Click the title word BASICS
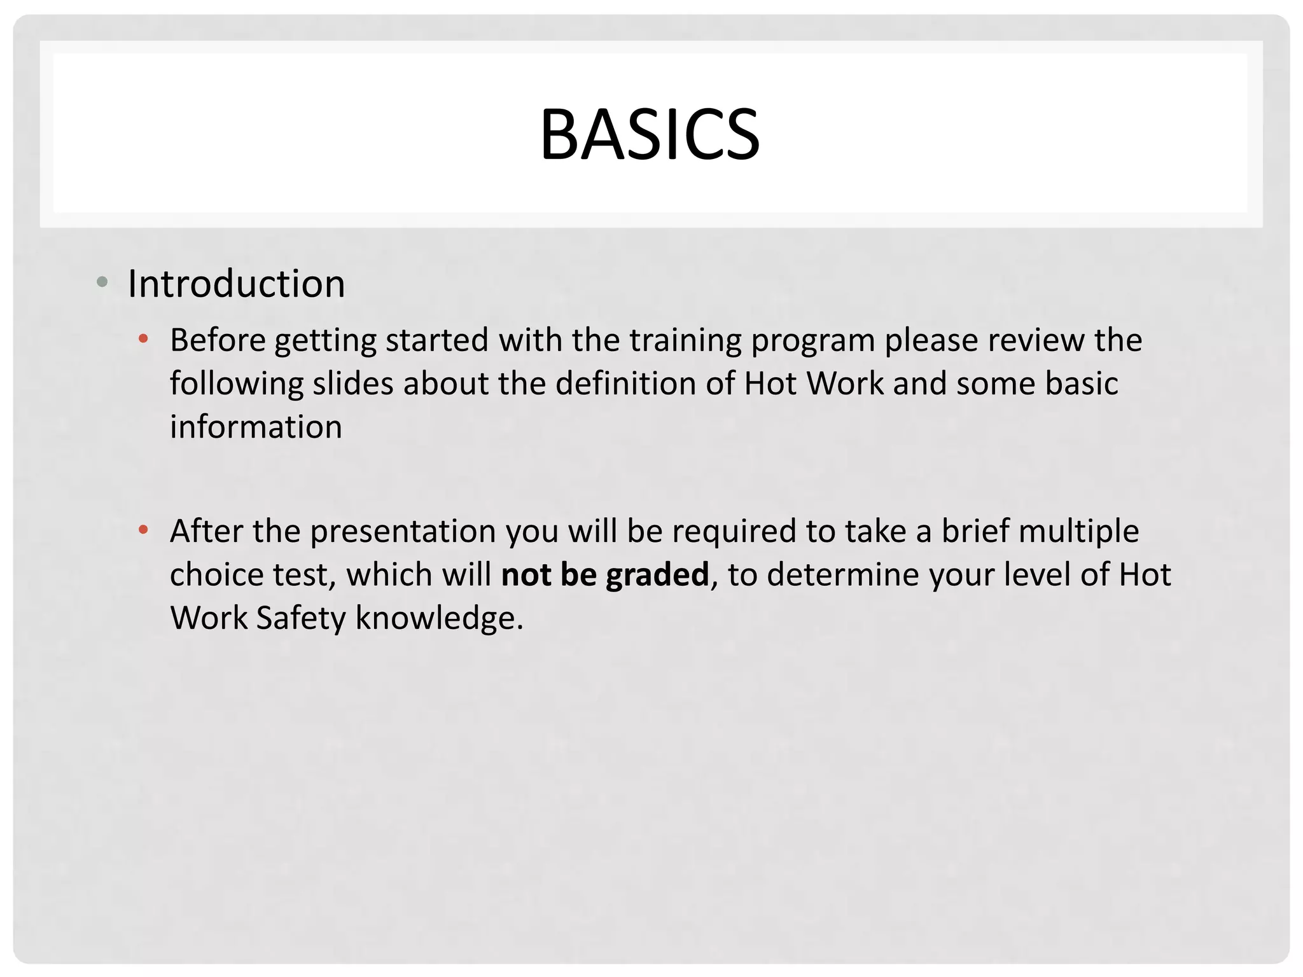(650, 135)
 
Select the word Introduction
(237, 284)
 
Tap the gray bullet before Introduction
(102, 282)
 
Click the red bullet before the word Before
(144, 339)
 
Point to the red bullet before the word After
(144, 529)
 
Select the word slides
(352, 384)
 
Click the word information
(256, 427)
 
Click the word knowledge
(439, 618)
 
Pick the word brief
(975, 531)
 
